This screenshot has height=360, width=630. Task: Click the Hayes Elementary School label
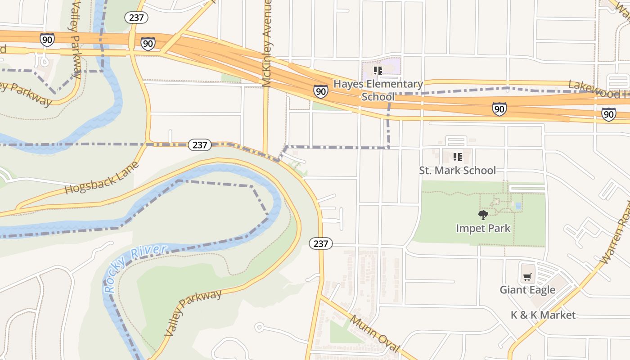coord(378,90)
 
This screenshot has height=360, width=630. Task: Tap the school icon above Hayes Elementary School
coord(378,70)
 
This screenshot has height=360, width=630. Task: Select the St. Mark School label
coord(457,171)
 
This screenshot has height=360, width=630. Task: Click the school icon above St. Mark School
coord(457,157)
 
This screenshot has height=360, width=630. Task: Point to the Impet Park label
coord(483,228)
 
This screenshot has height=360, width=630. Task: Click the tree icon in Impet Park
coord(483,215)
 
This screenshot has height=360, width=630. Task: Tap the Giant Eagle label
coord(527,290)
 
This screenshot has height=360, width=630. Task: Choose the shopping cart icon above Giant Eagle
coord(527,277)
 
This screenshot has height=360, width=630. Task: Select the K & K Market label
coord(543,315)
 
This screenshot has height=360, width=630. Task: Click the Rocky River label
coord(135,269)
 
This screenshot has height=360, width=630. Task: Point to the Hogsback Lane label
coord(102,178)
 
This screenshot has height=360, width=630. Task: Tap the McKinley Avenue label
coord(267,43)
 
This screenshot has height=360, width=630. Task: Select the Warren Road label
coord(617,234)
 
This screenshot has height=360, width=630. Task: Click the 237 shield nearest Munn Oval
coord(320,243)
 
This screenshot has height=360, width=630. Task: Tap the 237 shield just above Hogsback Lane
coord(199,144)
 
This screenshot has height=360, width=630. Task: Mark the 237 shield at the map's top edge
coord(136,18)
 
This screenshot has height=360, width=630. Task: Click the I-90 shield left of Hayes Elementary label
coord(320,91)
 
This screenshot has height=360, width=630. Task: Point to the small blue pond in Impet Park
coord(518,206)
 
